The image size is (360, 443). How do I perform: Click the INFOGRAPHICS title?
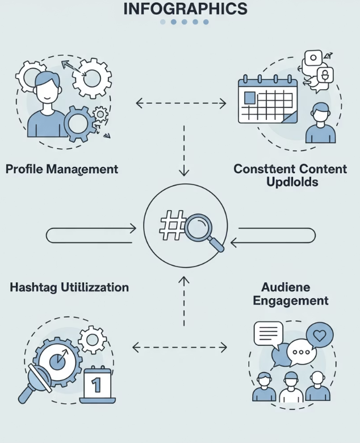click(x=185, y=9)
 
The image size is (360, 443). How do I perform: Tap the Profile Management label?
click(x=62, y=169)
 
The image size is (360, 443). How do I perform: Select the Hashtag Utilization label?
click(x=69, y=287)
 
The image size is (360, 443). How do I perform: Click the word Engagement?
click(x=291, y=300)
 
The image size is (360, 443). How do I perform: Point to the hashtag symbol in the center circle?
click(x=173, y=225)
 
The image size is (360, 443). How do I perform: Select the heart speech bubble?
click(x=320, y=335)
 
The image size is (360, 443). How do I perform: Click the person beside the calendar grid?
click(x=321, y=124)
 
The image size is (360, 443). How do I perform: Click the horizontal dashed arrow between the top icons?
click(x=181, y=104)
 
